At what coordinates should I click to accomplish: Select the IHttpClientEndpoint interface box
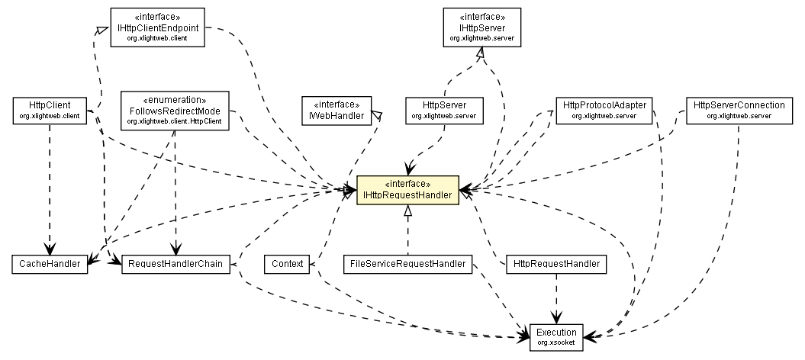click(158, 27)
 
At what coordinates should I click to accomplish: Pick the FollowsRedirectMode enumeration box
click(175, 110)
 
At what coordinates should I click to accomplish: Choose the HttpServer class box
click(444, 110)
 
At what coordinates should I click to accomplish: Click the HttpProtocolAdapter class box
click(604, 110)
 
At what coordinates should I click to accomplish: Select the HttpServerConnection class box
click(739, 110)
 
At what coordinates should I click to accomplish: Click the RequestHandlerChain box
click(175, 265)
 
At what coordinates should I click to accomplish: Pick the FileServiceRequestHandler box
click(407, 265)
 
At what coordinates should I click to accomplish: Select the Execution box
click(556, 336)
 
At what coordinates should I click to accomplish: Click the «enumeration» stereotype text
click(175, 100)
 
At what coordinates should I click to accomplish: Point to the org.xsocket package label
click(556, 343)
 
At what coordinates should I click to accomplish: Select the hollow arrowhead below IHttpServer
click(480, 53)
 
